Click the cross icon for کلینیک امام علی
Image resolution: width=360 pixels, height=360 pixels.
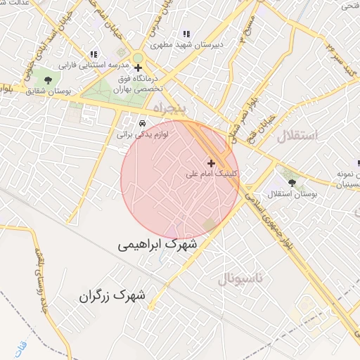tap(211, 163)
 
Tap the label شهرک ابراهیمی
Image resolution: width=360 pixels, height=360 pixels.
tap(158, 244)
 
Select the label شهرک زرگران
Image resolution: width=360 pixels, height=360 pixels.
tap(112, 296)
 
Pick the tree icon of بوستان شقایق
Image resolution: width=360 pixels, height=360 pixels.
tap(48, 80)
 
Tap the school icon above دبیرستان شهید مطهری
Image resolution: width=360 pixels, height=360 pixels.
tap(186, 34)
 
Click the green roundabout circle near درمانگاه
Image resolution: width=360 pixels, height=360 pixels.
tap(138, 58)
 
